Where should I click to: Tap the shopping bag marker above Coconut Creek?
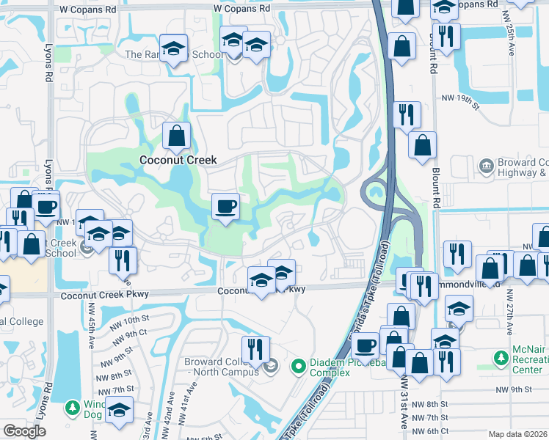click(176, 136)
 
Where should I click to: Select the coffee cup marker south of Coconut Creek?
click(225, 206)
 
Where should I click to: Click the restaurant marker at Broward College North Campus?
click(255, 349)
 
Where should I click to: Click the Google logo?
click(24, 431)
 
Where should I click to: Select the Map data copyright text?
click(517, 433)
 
